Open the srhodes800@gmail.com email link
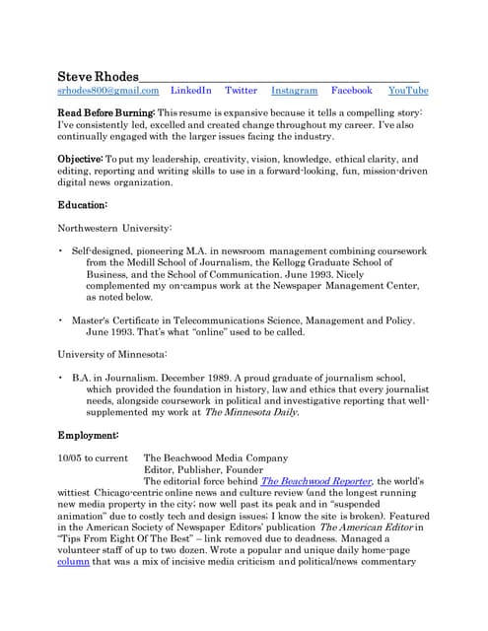[x=107, y=91]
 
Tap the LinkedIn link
[x=191, y=91]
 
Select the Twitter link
[x=241, y=91]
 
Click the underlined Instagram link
[x=294, y=91]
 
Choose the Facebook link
[x=351, y=91]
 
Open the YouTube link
[x=408, y=91]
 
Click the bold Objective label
[x=86, y=159]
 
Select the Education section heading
[x=83, y=204]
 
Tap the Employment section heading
[x=89, y=435]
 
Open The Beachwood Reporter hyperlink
[x=315, y=481]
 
